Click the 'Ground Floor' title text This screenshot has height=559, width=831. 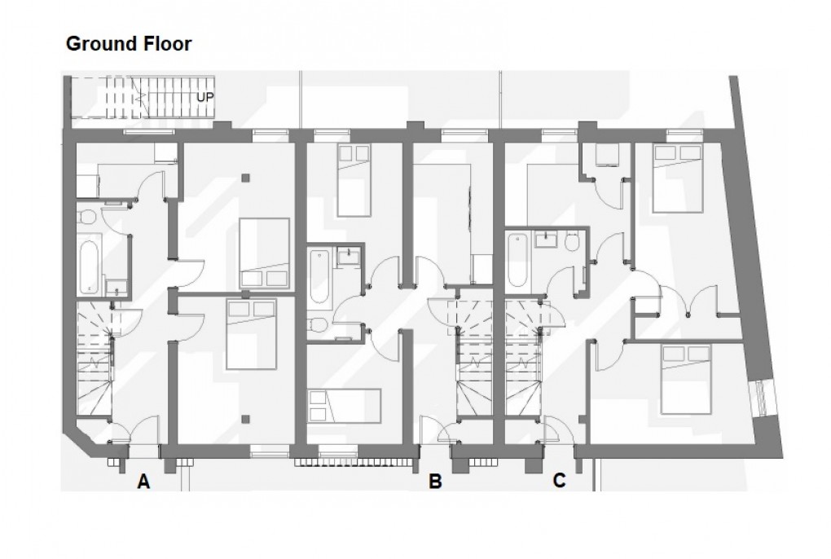pos(128,44)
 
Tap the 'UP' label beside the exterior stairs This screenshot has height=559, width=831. pos(205,96)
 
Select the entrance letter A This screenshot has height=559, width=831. pos(143,482)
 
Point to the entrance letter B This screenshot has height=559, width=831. pos(435,482)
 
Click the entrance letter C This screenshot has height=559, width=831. pos(559,481)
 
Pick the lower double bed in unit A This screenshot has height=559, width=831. pos(251,332)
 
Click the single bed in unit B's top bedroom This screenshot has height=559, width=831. pos(354,180)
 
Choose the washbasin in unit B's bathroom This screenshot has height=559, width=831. pos(350,254)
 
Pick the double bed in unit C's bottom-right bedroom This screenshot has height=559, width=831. pos(685,378)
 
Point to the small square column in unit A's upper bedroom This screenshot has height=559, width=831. pos(246,176)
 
